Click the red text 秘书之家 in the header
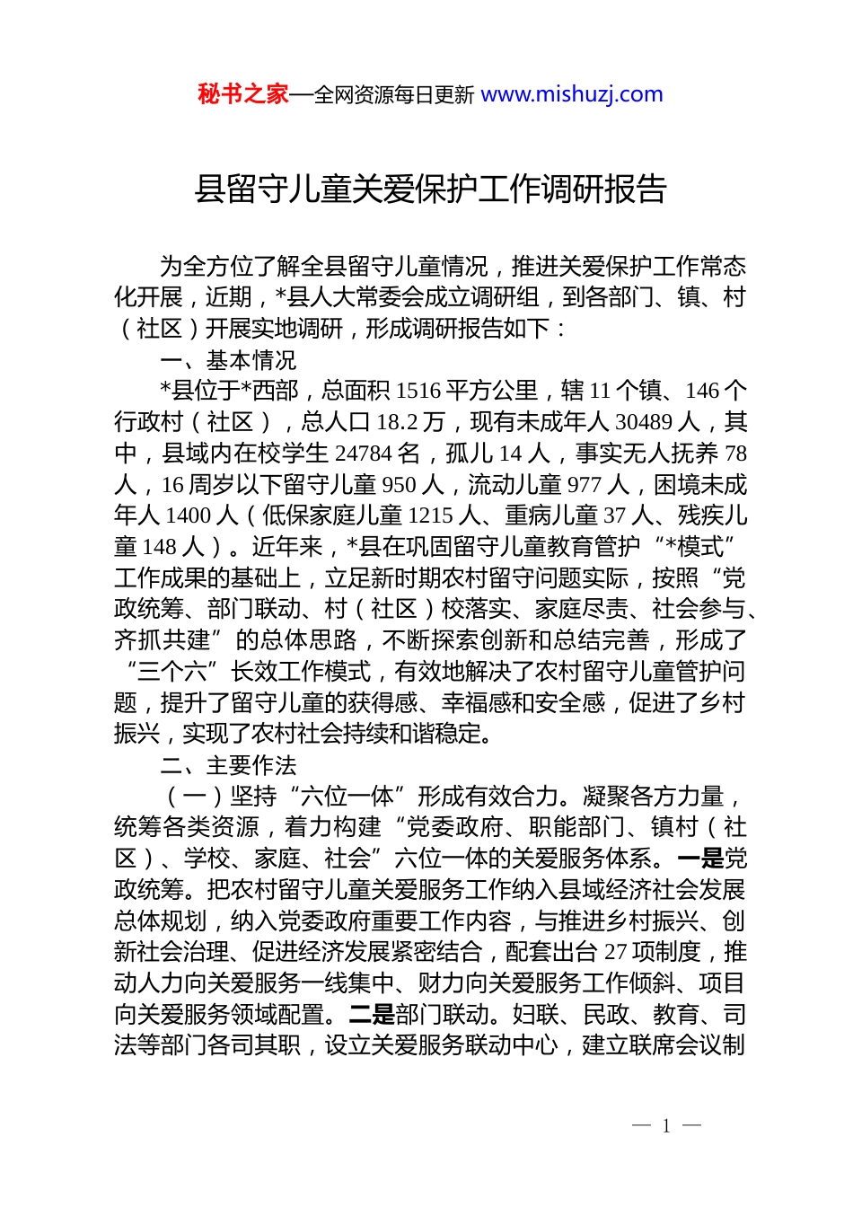[x=242, y=94]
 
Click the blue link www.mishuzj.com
[x=572, y=94]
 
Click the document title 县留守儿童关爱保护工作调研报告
[x=431, y=189]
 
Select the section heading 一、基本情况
[x=228, y=360]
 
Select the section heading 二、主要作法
[x=228, y=765]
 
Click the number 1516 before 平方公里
[x=418, y=392]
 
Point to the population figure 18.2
[x=397, y=422]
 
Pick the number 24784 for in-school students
[x=367, y=454]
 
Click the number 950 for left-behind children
[x=400, y=485]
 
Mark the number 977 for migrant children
[x=584, y=485]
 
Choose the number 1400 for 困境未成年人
[x=188, y=515]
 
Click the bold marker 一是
[x=700, y=859]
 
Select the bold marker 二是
[x=372, y=1015]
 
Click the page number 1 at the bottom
[x=666, y=1126]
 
